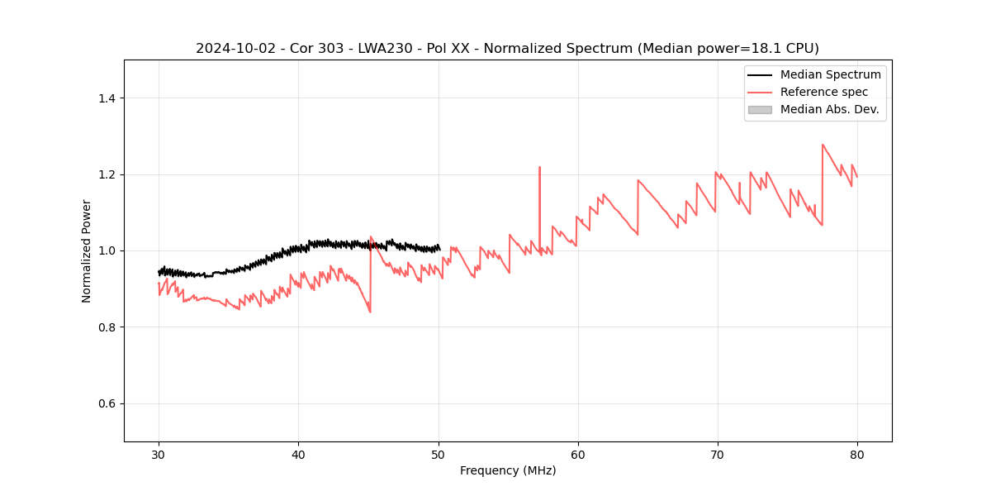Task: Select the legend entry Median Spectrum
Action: click(830, 74)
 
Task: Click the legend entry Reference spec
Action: click(824, 92)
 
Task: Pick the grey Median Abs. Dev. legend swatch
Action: click(760, 109)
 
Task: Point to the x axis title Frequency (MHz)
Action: click(508, 470)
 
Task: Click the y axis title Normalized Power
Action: click(87, 250)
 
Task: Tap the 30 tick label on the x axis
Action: click(159, 454)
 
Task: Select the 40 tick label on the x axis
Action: click(298, 454)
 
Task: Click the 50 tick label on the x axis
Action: click(439, 454)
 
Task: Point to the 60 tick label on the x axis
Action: click(578, 454)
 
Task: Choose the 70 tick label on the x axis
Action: click(718, 454)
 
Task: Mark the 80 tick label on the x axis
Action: click(857, 454)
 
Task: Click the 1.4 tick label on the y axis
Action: click(107, 98)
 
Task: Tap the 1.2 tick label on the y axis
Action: click(107, 174)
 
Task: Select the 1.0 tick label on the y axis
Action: click(107, 250)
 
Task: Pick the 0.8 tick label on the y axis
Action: click(107, 327)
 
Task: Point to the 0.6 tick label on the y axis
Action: click(107, 403)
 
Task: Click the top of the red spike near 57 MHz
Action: click(539, 167)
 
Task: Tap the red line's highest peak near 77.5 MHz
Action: click(823, 145)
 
